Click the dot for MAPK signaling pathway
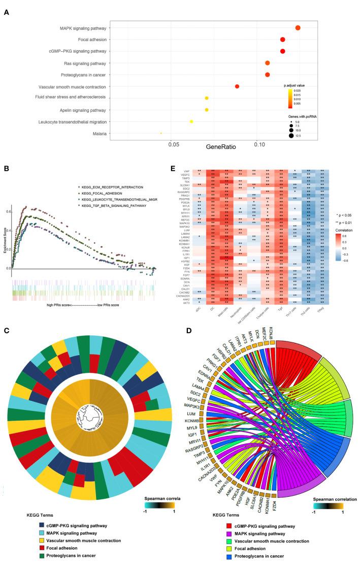[x=298, y=28]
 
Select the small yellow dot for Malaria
[x=161, y=133]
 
